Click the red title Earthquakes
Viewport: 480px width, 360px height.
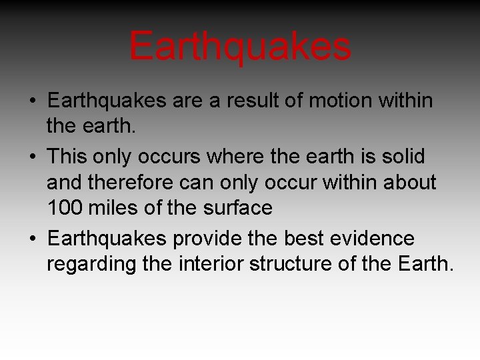pos(240,47)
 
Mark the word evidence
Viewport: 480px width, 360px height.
pos(375,238)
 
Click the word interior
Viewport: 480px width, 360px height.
pos(213,264)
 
